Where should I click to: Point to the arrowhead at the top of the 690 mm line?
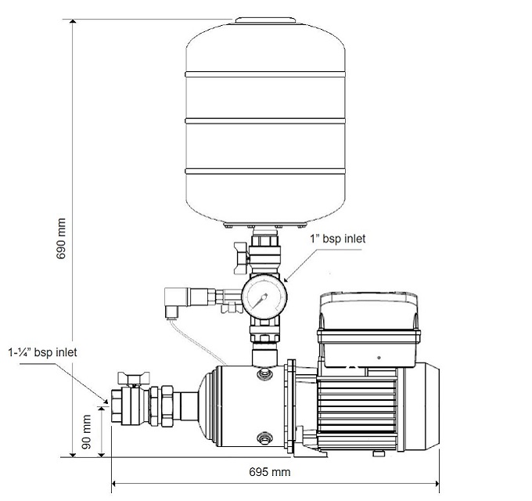[x=74, y=24]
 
